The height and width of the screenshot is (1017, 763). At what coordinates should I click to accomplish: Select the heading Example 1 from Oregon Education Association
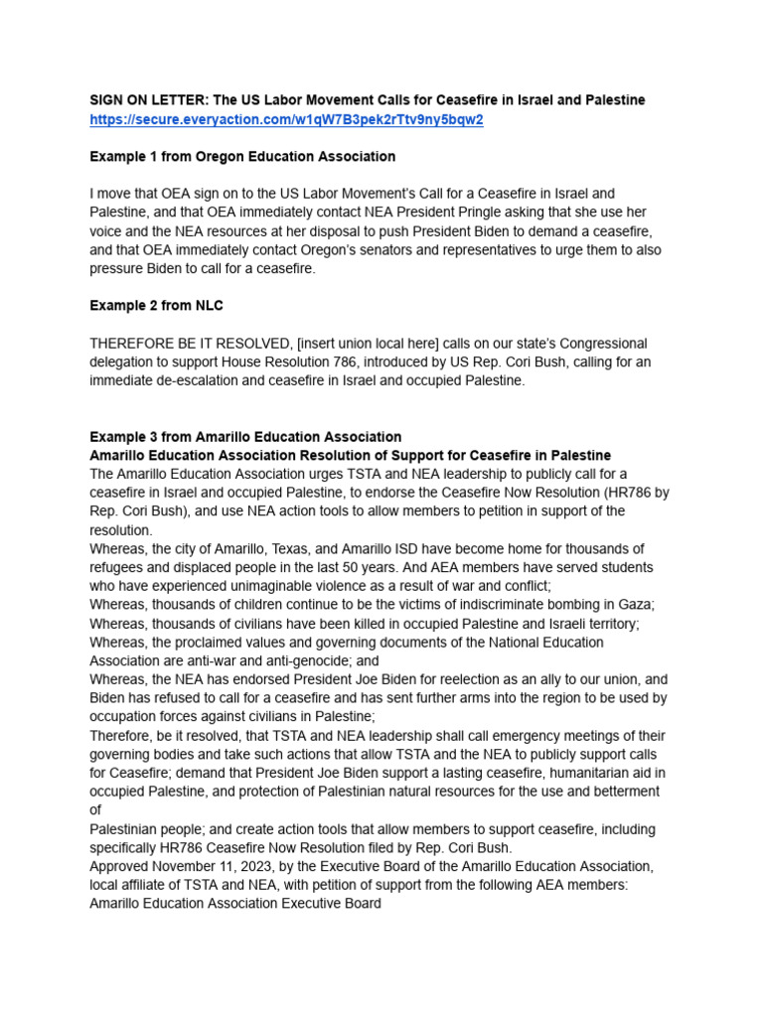pyautogui.click(x=242, y=157)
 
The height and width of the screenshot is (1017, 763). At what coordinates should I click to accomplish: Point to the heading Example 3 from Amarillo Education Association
pyautogui.click(x=245, y=437)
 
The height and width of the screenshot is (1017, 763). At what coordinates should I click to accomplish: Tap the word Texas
pyautogui.click(x=273, y=549)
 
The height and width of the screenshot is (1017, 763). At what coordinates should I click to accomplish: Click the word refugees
pyautogui.click(x=119, y=568)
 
